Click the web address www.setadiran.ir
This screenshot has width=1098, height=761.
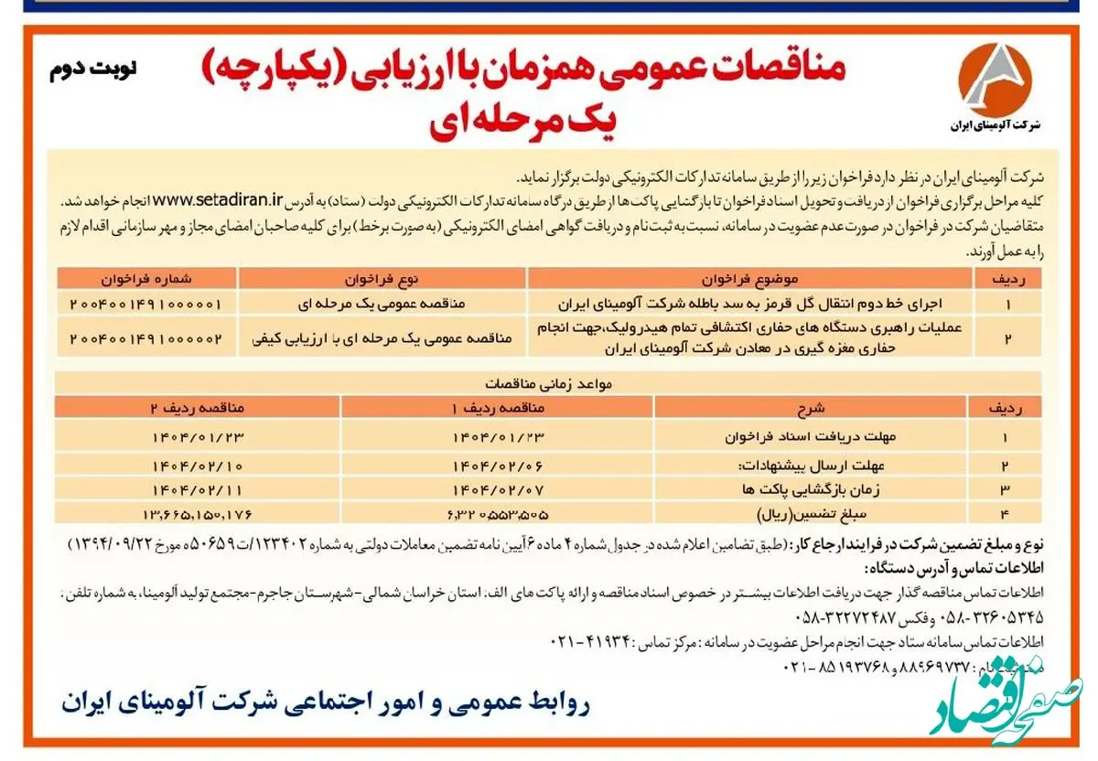[217, 199]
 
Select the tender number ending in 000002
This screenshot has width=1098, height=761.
[145, 338]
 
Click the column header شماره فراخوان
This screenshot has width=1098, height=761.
[145, 277]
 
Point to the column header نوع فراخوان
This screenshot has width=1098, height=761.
[382, 277]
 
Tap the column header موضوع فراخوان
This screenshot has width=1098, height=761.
[749, 277]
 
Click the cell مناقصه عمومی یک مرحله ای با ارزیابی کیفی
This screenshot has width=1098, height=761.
[382, 338]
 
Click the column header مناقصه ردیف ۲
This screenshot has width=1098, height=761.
[198, 407]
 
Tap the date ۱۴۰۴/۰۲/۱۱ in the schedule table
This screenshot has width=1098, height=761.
[198, 488]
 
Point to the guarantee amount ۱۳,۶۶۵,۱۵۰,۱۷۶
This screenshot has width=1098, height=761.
[198, 512]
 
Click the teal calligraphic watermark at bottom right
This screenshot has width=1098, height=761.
[1006, 704]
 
